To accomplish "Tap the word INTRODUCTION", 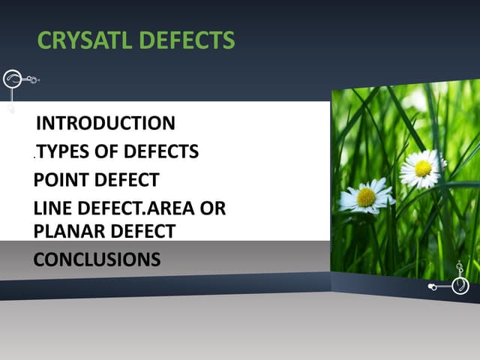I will tap(106, 123).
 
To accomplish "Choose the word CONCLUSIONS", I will tap(97, 259).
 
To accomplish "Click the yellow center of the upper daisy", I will tap(423, 168).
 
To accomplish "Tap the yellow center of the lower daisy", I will tap(366, 197).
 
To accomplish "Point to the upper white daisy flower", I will tap(421, 169).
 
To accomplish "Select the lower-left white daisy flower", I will tap(366, 196).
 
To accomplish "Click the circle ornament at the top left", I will tap(13, 79).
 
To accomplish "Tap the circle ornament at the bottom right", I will tap(460, 286).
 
